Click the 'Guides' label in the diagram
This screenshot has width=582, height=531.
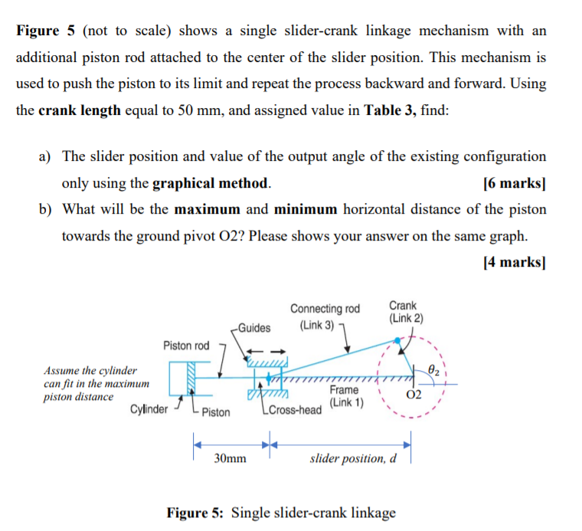coord(254,328)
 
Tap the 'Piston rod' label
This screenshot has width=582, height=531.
coord(185,346)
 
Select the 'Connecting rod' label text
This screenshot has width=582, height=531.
coord(325,309)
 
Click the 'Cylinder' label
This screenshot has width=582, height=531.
coord(149,408)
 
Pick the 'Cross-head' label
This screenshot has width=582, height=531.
coord(298,411)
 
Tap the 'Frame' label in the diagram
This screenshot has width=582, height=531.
coord(344,390)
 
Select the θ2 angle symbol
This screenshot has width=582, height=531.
coord(434,369)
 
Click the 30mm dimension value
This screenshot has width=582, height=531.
coord(230,459)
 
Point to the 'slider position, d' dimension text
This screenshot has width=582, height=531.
coord(353,459)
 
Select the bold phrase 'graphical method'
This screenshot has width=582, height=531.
coord(211,184)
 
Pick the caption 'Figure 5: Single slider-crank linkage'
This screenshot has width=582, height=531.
coord(281,513)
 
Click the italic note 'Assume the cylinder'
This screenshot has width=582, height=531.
coord(90,370)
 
